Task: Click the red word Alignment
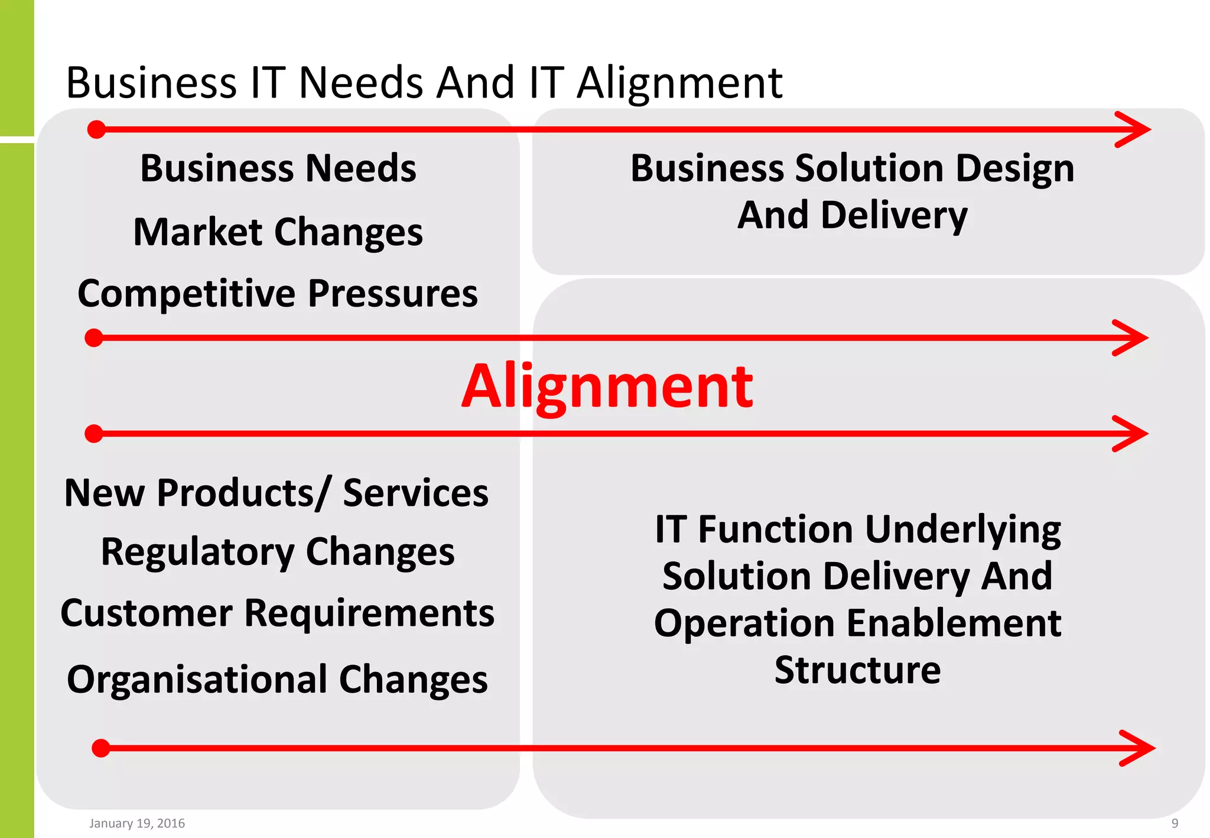(x=607, y=387)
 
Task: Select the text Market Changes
(x=278, y=232)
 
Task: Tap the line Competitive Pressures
(x=278, y=294)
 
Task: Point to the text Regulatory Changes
(x=278, y=552)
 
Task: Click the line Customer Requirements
(x=278, y=613)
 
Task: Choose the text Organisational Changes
(x=278, y=680)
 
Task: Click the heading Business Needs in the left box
(x=278, y=168)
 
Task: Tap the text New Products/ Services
(x=277, y=493)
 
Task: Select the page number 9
(x=1175, y=823)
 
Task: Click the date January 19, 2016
(x=137, y=823)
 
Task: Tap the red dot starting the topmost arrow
(x=96, y=129)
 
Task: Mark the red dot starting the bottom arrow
(x=101, y=748)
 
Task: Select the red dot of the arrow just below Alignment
(x=94, y=434)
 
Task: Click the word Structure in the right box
(x=857, y=670)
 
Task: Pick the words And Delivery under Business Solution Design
(x=852, y=215)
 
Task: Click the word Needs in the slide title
(x=360, y=83)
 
